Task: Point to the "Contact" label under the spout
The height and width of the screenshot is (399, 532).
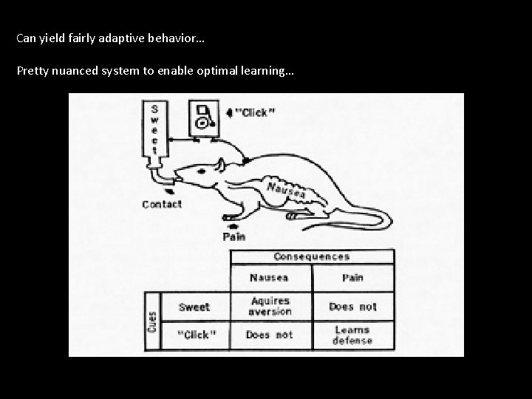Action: coord(162,204)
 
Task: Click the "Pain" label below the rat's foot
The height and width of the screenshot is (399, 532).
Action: coord(235,236)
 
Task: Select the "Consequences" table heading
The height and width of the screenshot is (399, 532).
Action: coord(312,256)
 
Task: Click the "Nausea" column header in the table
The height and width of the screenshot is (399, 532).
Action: coord(270,278)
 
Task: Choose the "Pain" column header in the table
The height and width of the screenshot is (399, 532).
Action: coord(352,278)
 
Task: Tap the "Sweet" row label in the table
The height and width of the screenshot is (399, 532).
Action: coord(194,307)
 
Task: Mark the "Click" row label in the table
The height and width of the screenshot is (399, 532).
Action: coord(196,335)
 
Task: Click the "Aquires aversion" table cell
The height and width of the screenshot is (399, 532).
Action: coord(270,307)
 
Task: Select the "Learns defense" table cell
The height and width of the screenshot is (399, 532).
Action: coord(352,335)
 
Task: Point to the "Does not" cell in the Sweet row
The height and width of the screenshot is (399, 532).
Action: coord(352,307)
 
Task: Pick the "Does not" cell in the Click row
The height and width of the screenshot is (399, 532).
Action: coord(270,335)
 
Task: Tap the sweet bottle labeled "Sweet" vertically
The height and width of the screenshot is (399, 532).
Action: coord(154,130)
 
